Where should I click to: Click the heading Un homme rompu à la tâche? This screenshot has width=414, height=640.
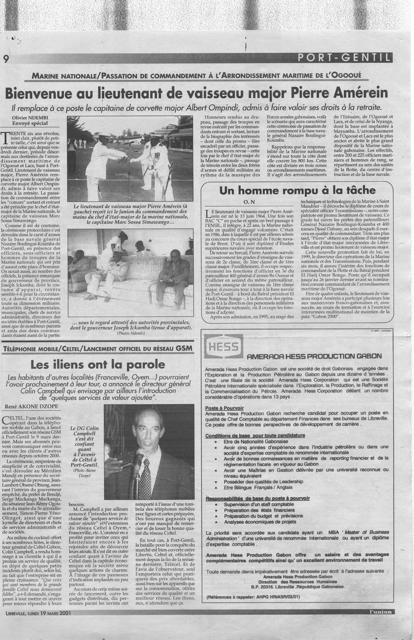click(x=298, y=190)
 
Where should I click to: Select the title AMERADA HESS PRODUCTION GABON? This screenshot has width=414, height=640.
click(x=314, y=356)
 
